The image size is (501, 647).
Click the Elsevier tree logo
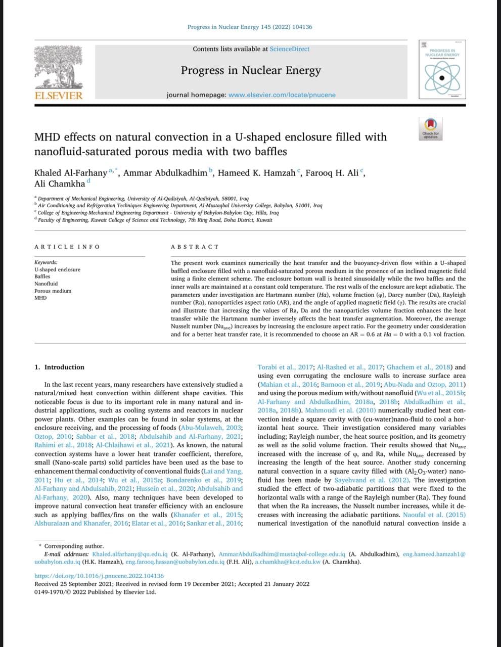(58, 67)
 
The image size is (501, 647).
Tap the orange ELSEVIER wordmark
(58, 96)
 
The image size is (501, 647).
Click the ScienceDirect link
(289, 49)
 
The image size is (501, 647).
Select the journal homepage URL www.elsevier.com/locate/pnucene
(282, 95)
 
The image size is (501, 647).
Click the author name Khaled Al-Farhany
(70, 173)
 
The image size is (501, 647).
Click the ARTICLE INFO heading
(67, 247)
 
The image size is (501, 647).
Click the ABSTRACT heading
(195, 247)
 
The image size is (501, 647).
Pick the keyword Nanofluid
(46, 284)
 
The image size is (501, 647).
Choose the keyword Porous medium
(53, 291)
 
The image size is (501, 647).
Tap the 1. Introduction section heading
(59, 367)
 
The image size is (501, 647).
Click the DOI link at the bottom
(99, 576)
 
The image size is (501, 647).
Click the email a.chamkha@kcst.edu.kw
(287, 562)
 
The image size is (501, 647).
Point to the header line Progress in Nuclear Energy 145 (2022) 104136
(250, 27)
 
